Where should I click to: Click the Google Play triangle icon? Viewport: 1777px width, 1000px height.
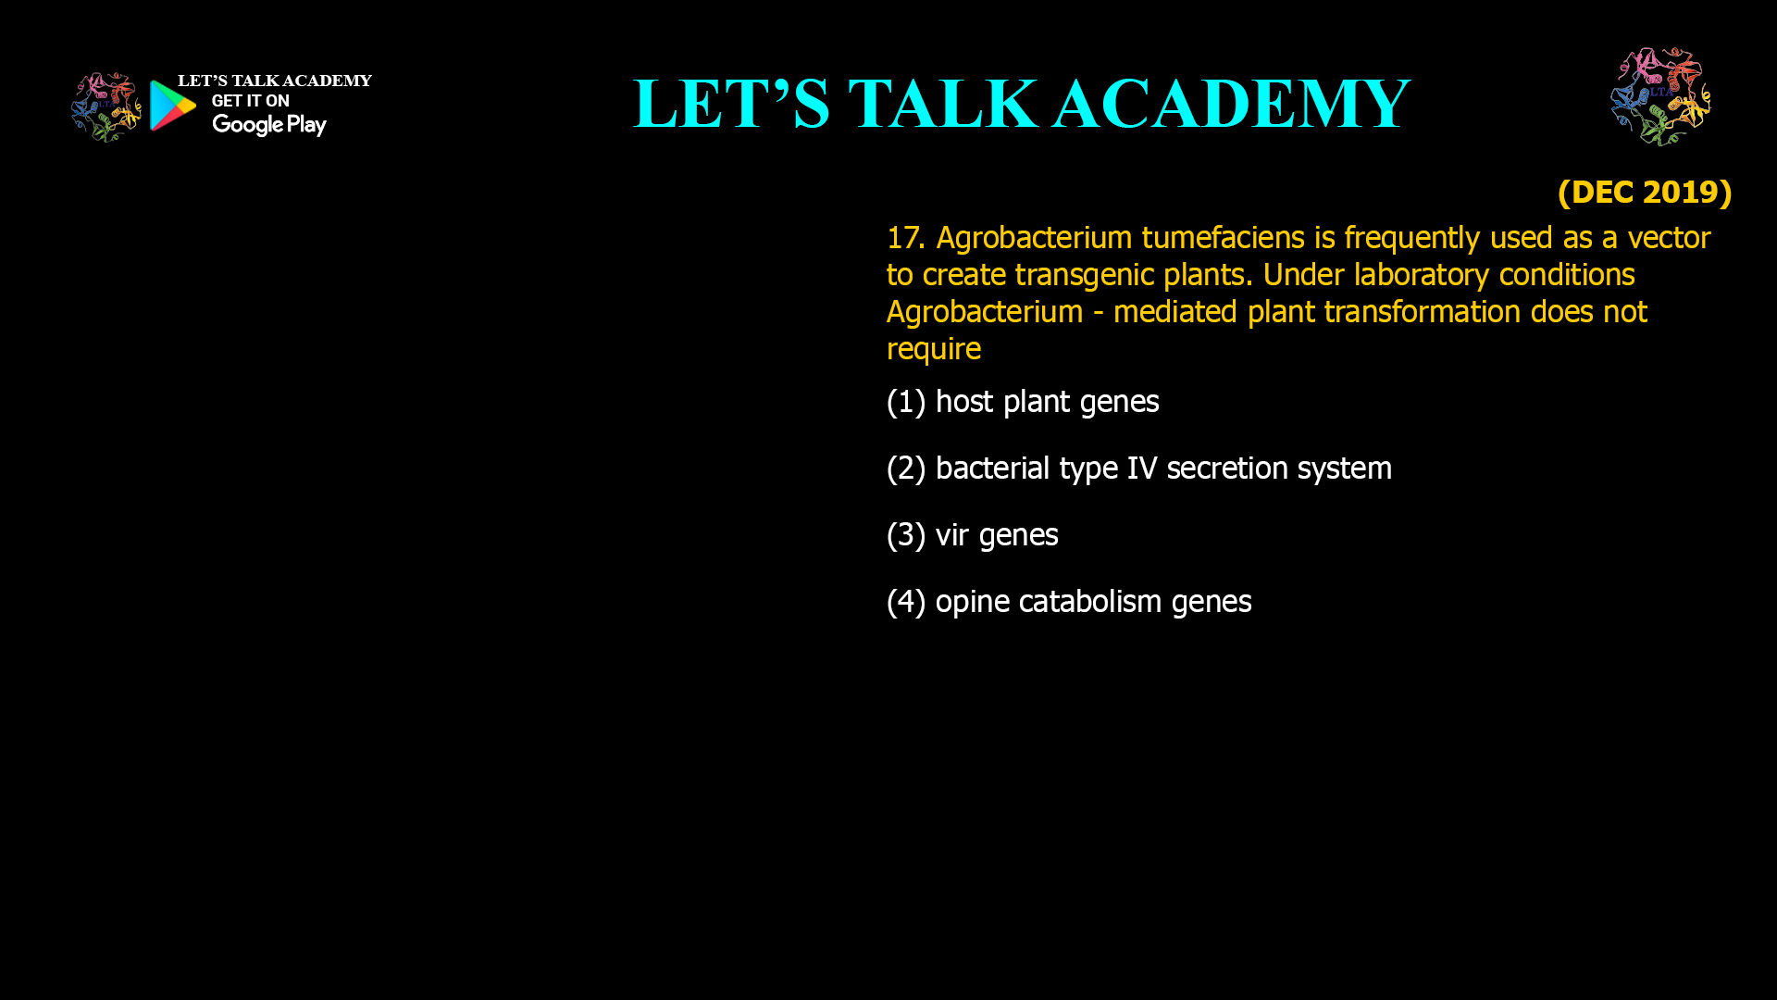pos(173,106)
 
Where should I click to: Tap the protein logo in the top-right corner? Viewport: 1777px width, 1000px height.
pos(1660,96)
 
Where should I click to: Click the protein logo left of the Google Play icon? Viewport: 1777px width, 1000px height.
pos(106,107)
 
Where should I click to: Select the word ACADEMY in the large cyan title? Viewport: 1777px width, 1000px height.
pos(1231,104)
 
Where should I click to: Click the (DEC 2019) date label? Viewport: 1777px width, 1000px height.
pos(1644,193)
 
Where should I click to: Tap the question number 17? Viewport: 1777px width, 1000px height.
pos(904,238)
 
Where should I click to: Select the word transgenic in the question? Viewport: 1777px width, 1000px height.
pos(1084,275)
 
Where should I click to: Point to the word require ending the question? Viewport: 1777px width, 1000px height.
pos(933,349)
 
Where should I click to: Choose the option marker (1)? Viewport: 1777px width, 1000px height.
pos(905,402)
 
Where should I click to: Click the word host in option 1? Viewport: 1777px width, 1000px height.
pos(963,402)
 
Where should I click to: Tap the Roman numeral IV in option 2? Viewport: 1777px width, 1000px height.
pos(1141,469)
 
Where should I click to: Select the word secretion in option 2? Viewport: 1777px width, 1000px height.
pos(1226,469)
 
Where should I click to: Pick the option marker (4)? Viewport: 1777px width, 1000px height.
pos(905,602)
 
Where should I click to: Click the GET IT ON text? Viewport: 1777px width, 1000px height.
pos(250,101)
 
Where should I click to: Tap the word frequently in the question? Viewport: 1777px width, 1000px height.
pos(1411,238)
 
